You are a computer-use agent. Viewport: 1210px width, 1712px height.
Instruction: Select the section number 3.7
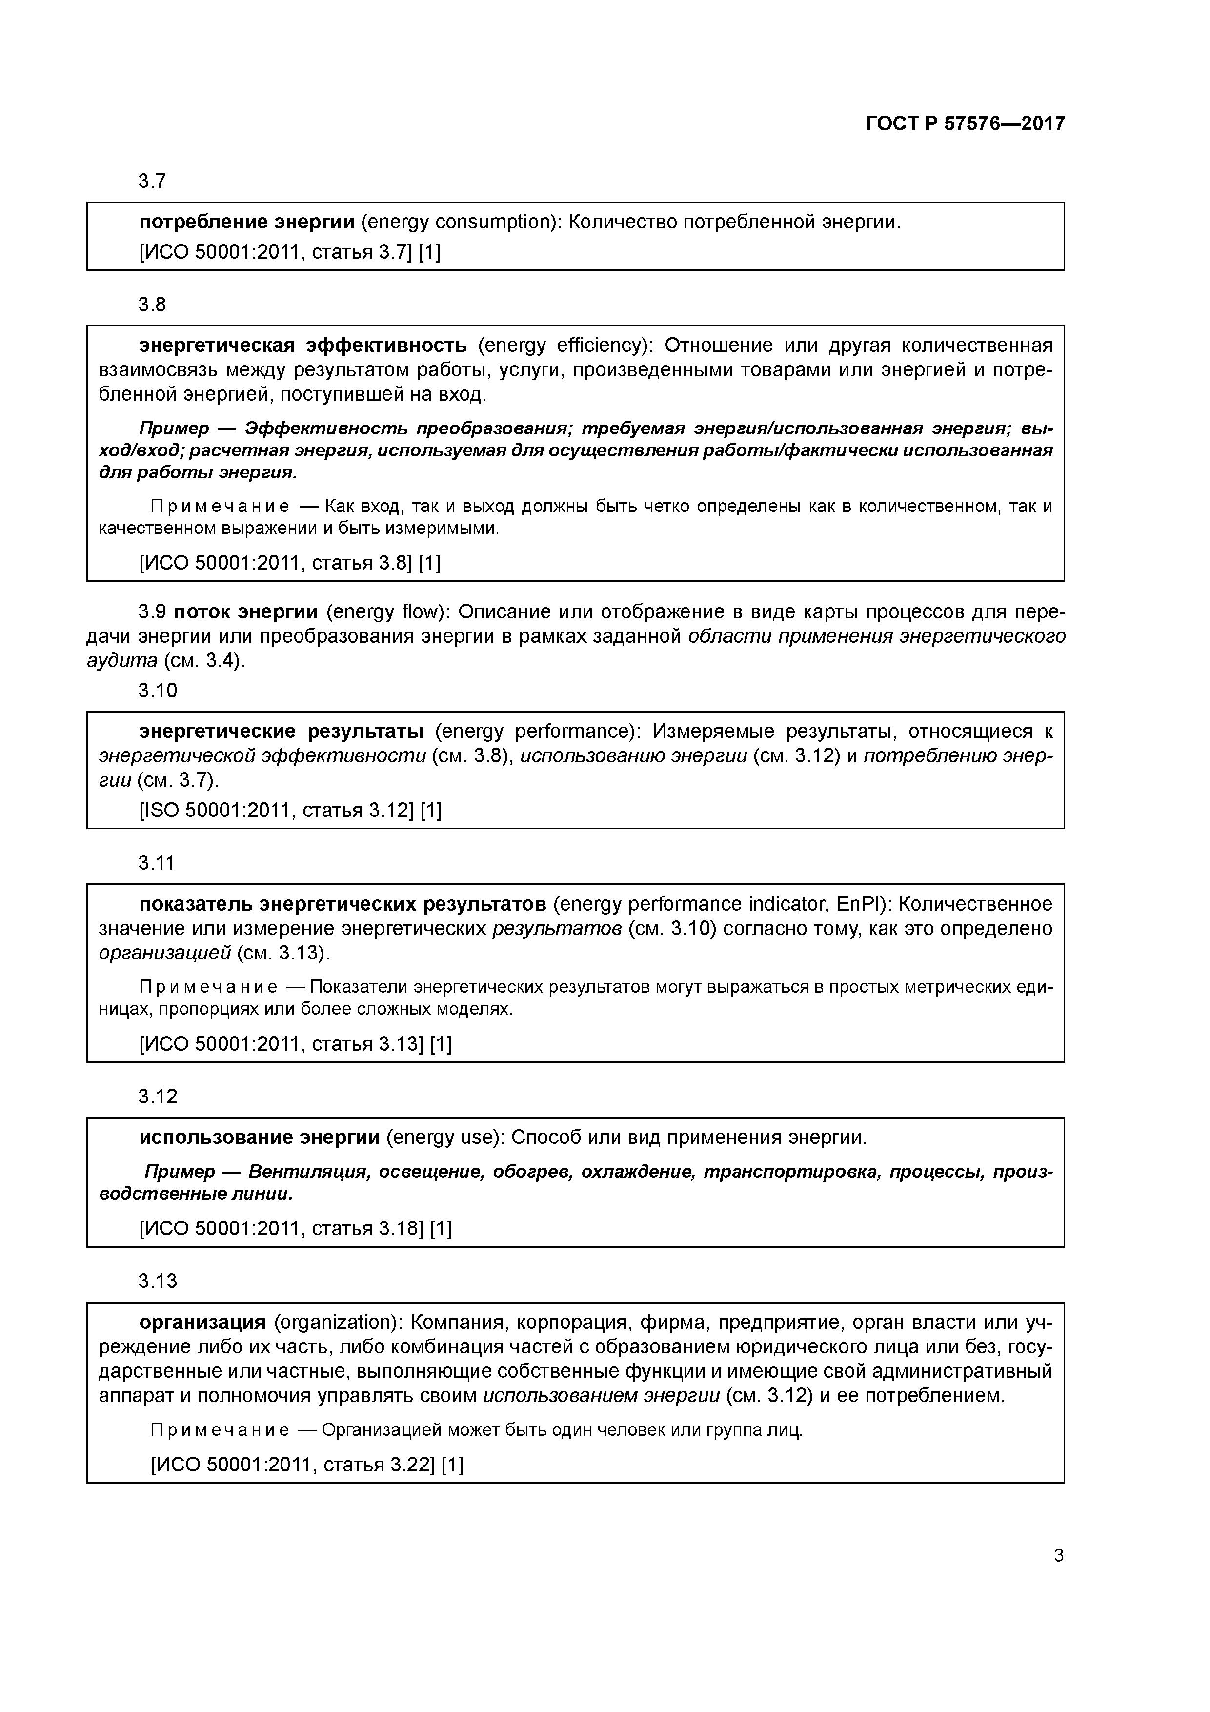152,181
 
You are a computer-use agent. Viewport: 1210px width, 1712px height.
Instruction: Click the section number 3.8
152,304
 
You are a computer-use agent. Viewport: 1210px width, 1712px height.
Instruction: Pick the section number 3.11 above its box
157,863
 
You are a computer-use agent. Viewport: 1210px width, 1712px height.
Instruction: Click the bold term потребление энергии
247,222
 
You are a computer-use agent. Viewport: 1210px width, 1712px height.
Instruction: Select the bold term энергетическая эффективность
302,345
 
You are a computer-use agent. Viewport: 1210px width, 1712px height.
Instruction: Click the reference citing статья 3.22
306,1465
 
